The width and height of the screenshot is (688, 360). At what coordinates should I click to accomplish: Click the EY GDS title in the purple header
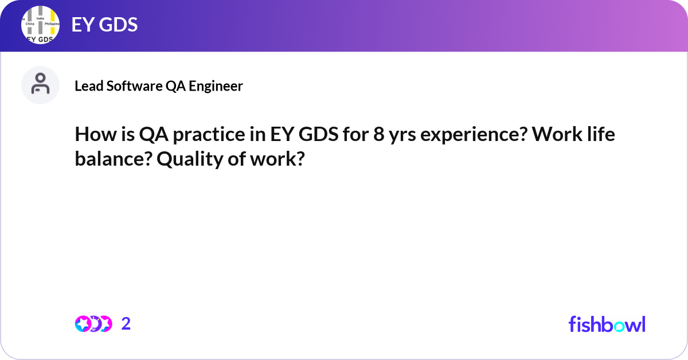pos(104,25)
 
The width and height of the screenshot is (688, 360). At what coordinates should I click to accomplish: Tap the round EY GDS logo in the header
pos(41,26)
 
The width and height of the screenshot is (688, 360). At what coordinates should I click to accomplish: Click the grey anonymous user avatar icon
pos(40,85)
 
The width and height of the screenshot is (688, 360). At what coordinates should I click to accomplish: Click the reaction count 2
pos(126,324)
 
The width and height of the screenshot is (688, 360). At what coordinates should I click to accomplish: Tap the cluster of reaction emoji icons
pos(93,324)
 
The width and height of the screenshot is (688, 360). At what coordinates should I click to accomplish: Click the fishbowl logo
pos(607,324)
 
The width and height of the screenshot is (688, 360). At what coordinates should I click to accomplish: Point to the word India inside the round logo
pos(40,18)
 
